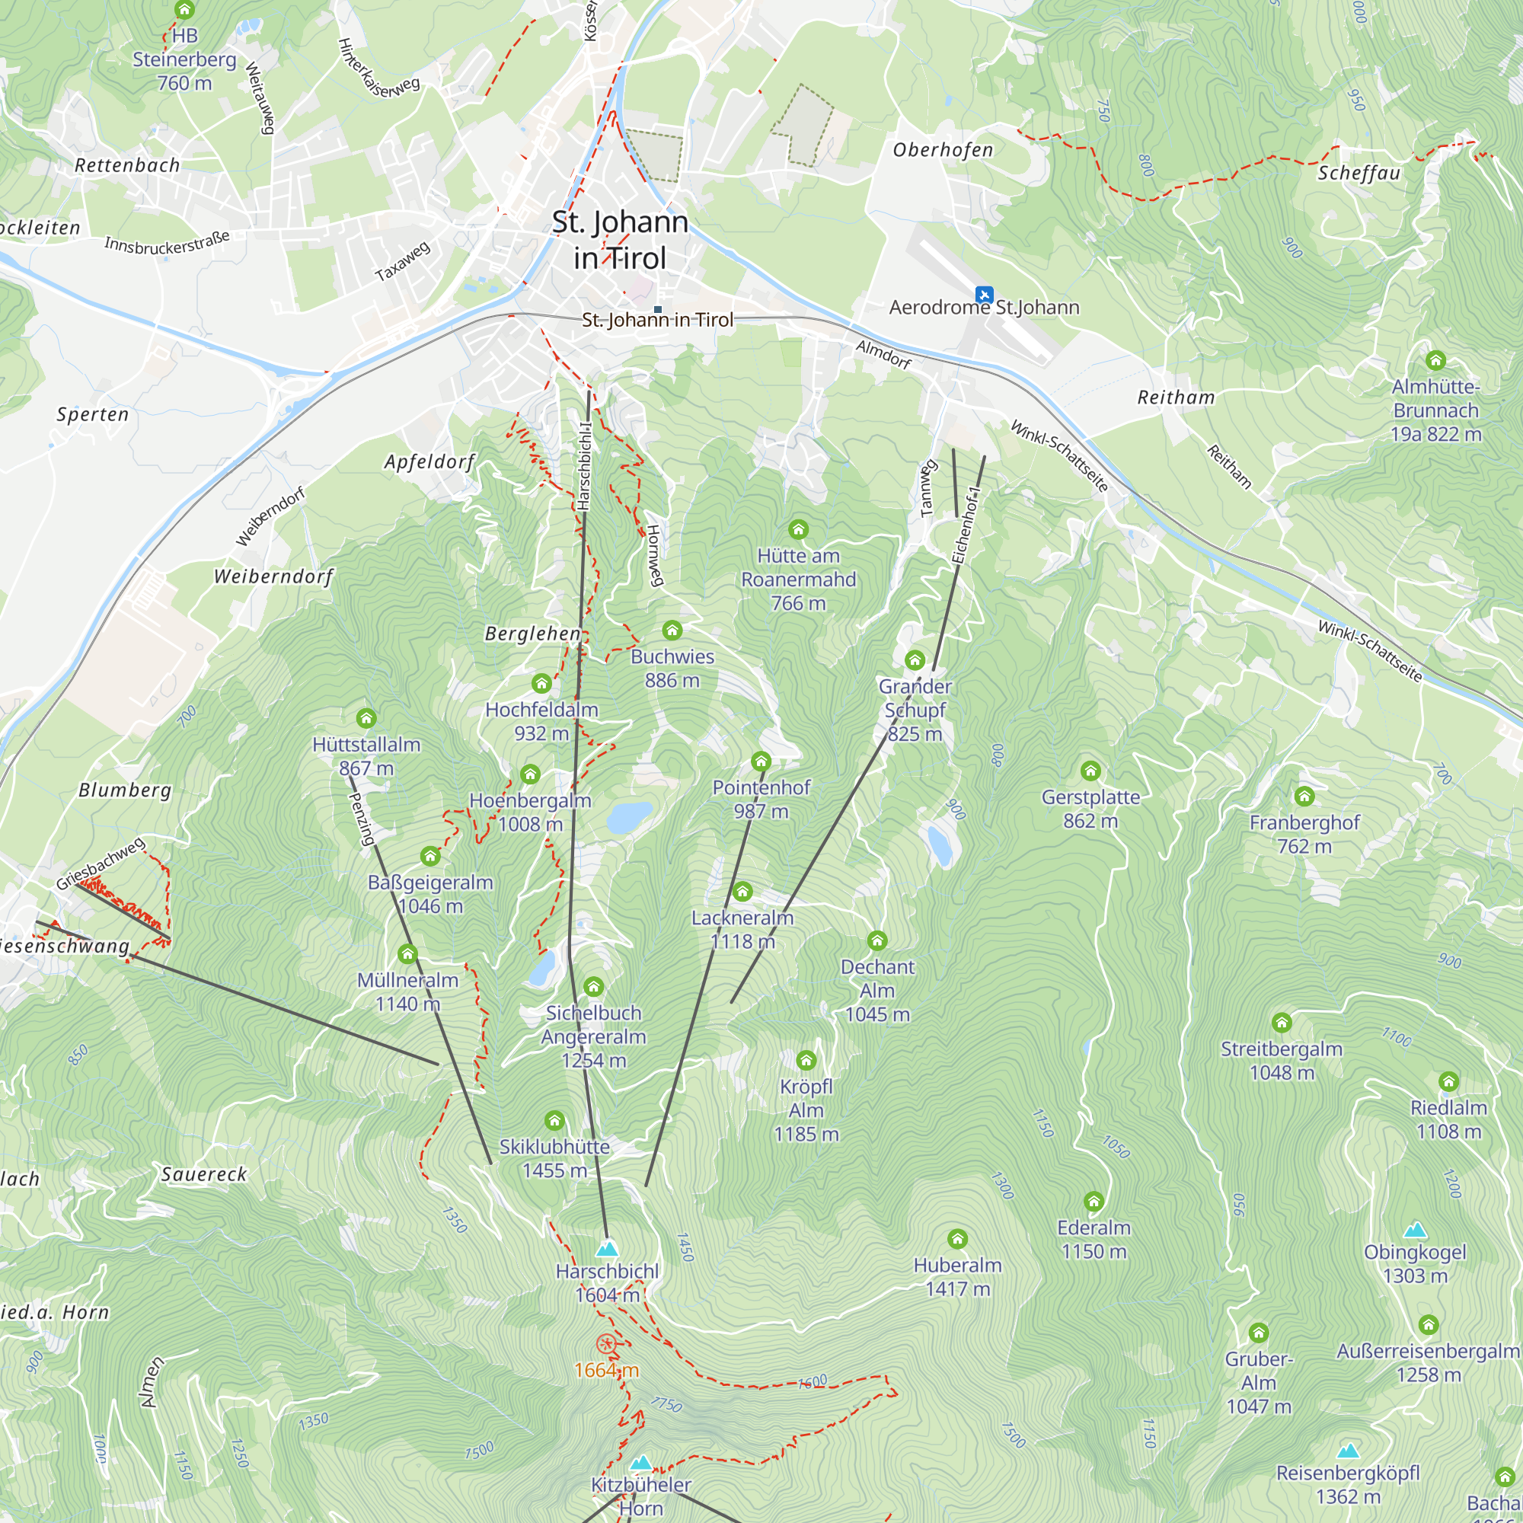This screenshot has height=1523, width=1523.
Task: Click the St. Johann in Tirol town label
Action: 620,240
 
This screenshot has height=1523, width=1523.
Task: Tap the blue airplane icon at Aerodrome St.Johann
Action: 983,295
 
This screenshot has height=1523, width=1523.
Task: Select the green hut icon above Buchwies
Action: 672,630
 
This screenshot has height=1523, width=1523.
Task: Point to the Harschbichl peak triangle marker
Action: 606,1249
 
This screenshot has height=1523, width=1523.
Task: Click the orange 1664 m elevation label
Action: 606,1370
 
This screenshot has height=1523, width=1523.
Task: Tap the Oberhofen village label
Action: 943,150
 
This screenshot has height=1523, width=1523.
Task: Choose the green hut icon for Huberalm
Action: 957,1239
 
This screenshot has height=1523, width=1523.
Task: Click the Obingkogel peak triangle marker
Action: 1415,1230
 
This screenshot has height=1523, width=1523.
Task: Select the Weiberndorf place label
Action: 273,576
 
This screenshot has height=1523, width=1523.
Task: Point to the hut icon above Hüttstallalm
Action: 366,718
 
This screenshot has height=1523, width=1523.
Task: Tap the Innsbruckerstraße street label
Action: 167,242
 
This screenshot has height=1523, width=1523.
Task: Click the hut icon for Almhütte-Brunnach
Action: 1435,361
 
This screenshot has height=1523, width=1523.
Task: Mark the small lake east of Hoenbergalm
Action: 629,817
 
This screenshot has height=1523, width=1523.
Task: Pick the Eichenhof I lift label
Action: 966,525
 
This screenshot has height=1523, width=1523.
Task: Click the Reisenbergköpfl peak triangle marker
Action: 1348,1451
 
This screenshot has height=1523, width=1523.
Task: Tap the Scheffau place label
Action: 1359,174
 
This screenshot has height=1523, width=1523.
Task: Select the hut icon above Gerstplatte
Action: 1090,770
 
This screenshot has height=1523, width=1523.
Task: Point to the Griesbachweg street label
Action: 101,864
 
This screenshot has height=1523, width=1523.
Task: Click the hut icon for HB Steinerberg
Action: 184,10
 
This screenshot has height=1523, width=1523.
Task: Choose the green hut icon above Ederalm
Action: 1094,1202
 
